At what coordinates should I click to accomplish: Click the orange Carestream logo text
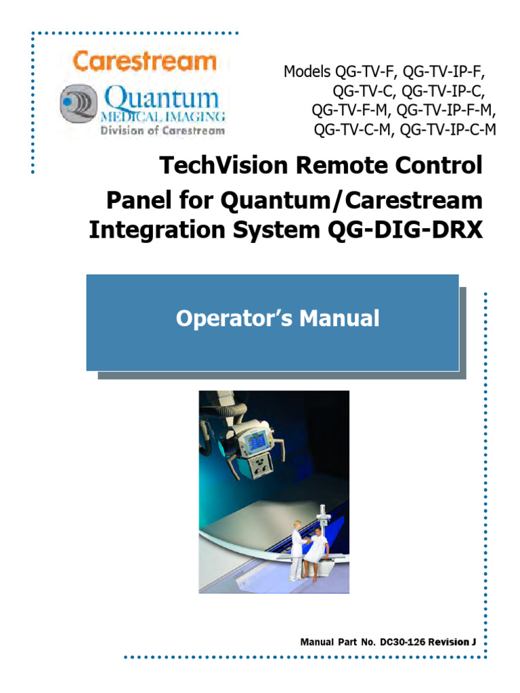click(x=144, y=62)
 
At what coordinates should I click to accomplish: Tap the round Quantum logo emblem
click(x=79, y=104)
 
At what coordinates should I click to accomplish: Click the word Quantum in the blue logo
click(x=162, y=99)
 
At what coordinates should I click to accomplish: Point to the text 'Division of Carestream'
click(x=162, y=131)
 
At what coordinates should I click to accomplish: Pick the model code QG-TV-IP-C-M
click(x=448, y=129)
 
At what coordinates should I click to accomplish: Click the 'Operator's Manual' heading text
click(x=278, y=318)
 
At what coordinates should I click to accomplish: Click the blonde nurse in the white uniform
click(x=297, y=548)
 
